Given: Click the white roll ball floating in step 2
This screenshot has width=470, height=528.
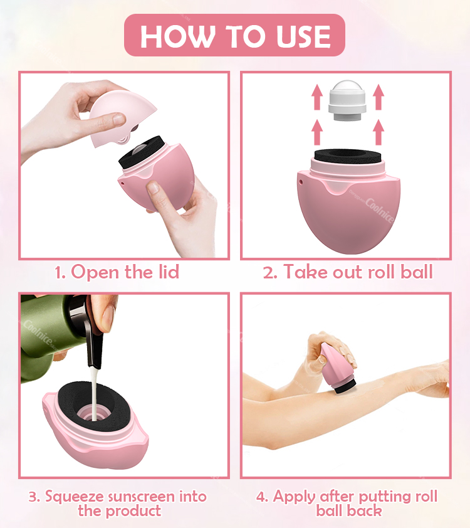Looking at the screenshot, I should [x=347, y=100].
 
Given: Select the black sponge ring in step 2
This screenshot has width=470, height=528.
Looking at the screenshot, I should [x=346, y=157].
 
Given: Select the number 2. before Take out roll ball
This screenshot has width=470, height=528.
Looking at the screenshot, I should [x=270, y=272].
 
